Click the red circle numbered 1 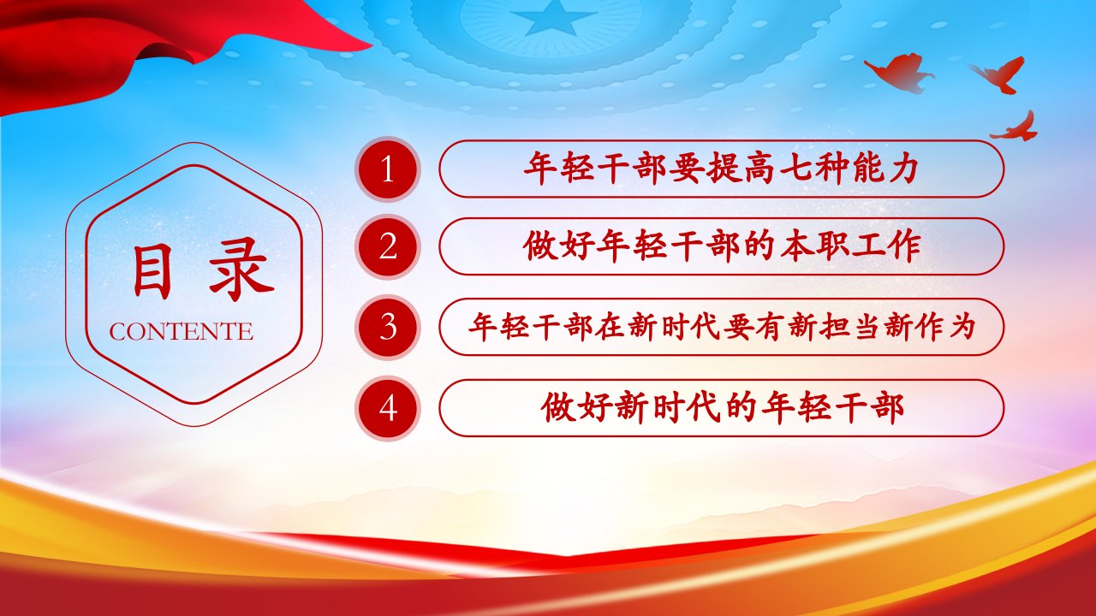388,169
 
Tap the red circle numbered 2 388,247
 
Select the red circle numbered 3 388,327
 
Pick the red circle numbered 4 388,408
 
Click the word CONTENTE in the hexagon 181,331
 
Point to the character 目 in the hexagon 152,271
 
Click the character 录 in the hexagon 241,269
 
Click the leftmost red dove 898,74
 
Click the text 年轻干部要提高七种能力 720,169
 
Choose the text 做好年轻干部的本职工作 721,246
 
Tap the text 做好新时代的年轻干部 722,407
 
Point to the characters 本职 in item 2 813,246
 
